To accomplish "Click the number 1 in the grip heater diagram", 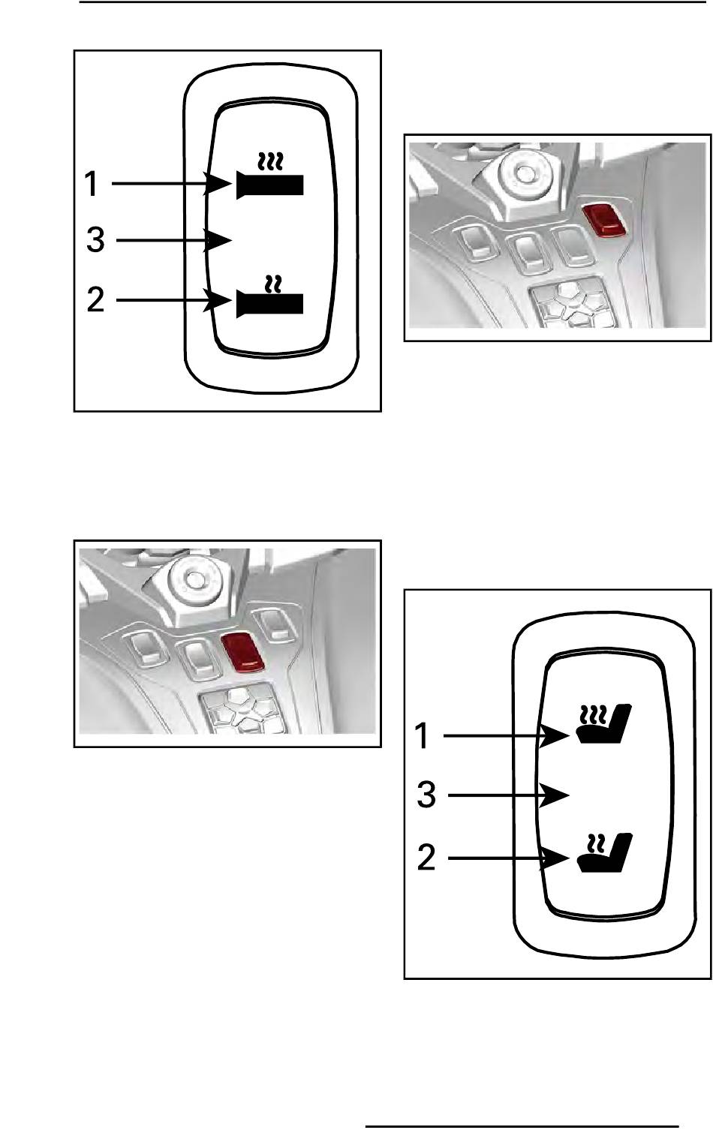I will [x=92, y=184].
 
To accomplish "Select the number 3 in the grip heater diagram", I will [x=95, y=241].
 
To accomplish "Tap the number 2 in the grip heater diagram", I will [x=95, y=301].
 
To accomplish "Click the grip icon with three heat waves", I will [x=270, y=177].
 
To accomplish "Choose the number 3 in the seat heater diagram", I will [x=426, y=795].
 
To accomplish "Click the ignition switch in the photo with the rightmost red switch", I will [x=526, y=176].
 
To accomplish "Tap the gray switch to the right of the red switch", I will [x=272, y=624].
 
